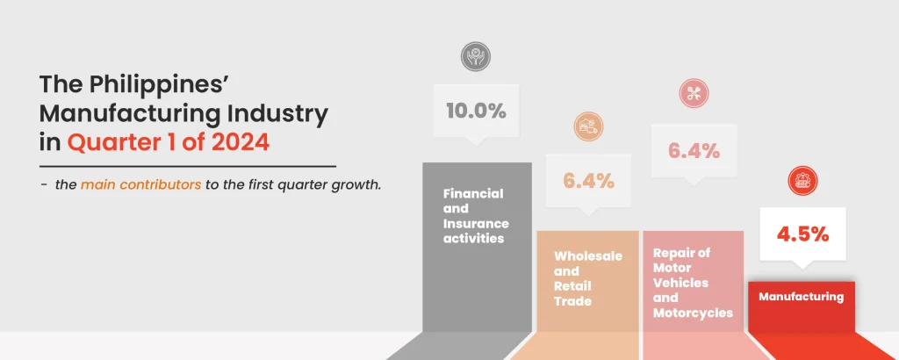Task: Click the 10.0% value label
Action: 476,112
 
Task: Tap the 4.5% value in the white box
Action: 802,234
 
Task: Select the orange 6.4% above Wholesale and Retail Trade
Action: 588,181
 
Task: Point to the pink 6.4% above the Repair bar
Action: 694,151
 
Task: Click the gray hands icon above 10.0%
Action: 476,56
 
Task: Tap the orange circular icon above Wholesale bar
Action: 588,126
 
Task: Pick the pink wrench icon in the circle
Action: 694,93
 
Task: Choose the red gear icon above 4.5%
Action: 802,181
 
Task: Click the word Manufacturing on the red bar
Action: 801,297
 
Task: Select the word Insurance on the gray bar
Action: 476,224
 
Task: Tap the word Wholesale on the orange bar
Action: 588,256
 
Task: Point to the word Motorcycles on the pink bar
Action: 694,313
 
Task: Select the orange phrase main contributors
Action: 141,186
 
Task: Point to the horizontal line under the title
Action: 188,167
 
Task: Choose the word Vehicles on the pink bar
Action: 681,284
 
